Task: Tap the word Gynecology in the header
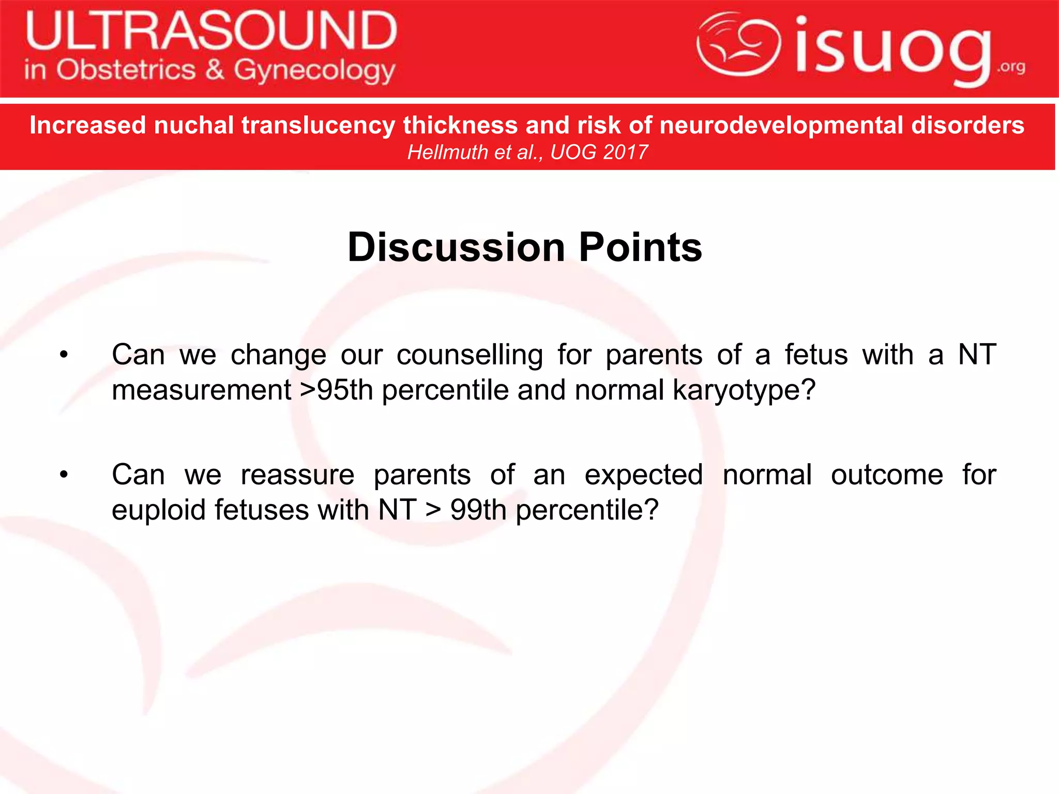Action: pyautogui.click(x=314, y=71)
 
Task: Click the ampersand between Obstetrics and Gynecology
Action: pyautogui.click(x=215, y=70)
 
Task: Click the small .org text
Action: pyautogui.click(x=1011, y=67)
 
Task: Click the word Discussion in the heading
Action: pyautogui.click(x=456, y=248)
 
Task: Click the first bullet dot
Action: pyautogui.click(x=63, y=355)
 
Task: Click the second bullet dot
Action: pyautogui.click(x=63, y=475)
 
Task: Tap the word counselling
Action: pyautogui.click(x=470, y=355)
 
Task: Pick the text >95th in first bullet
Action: pyautogui.click(x=337, y=390)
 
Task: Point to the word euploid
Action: pyautogui.click(x=158, y=511)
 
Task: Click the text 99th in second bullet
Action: pyautogui.click(x=478, y=510)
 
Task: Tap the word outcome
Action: pyautogui.click(x=887, y=475)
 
